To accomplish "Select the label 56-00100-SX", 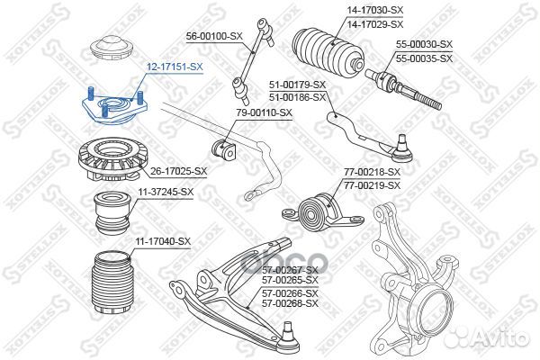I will [215, 35].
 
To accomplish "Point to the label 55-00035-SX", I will [423, 58].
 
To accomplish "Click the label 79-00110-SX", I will [265, 112].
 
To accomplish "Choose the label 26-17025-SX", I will [178, 170].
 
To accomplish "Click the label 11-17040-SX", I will [163, 240].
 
